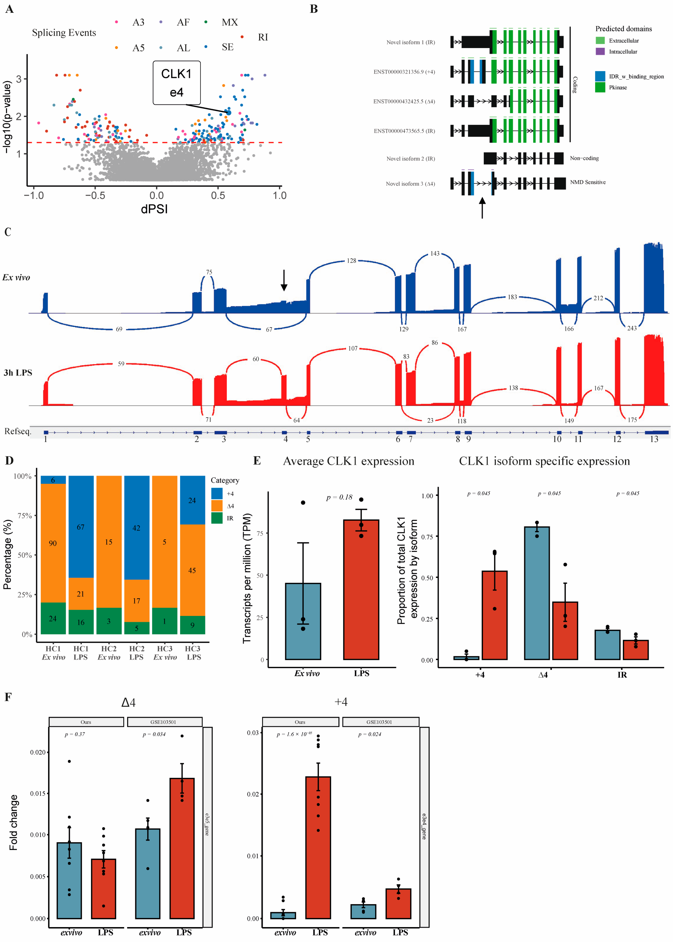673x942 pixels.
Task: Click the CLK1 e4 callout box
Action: [x=177, y=83]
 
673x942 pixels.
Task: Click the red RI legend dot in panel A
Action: [x=242, y=37]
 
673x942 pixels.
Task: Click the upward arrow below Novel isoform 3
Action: [x=482, y=207]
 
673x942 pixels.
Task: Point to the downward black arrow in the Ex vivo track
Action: [x=284, y=280]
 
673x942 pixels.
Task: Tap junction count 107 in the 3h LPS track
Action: [x=353, y=348]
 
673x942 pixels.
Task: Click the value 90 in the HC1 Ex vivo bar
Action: [x=53, y=543]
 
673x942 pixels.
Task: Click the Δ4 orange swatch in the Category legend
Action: [x=217, y=506]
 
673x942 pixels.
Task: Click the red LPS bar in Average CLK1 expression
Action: [x=361, y=589]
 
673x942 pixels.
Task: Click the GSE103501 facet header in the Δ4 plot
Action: [x=164, y=722]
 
